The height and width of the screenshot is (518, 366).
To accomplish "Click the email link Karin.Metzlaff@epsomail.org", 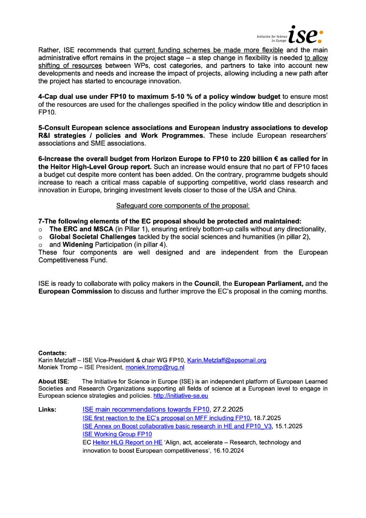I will [x=226, y=360].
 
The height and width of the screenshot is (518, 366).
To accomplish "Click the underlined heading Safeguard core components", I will [x=183, y=205].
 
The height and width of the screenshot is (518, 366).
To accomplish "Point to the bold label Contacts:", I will [x=52, y=353].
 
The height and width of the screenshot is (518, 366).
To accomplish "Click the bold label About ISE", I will [x=53, y=381].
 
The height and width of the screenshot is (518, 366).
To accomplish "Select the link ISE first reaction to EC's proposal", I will [x=166, y=418].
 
